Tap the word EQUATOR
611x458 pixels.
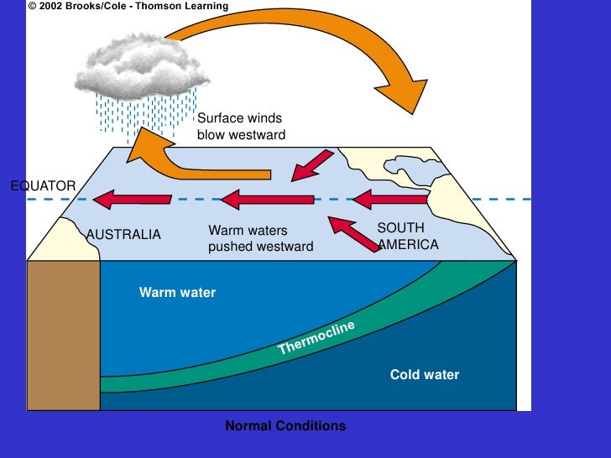pyautogui.click(x=43, y=185)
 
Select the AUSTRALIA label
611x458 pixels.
pyautogui.click(x=123, y=235)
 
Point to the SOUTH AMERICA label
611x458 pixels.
pyautogui.click(x=408, y=237)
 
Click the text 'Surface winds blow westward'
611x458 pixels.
pyautogui.click(x=241, y=127)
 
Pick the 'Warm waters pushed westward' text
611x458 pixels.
pyautogui.click(x=260, y=238)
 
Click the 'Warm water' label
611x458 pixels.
pyautogui.click(x=177, y=293)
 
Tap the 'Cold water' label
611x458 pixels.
pyautogui.click(x=425, y=375)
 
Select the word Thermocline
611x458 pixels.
pyautogui.click(x=316, y=337)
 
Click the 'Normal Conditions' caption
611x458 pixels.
pyautogui.click(x=285, y=426)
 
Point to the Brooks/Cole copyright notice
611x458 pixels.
pyautogui.click(x=128, y=7)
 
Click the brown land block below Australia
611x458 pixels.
pyautogui.click(x=64, y=335)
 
